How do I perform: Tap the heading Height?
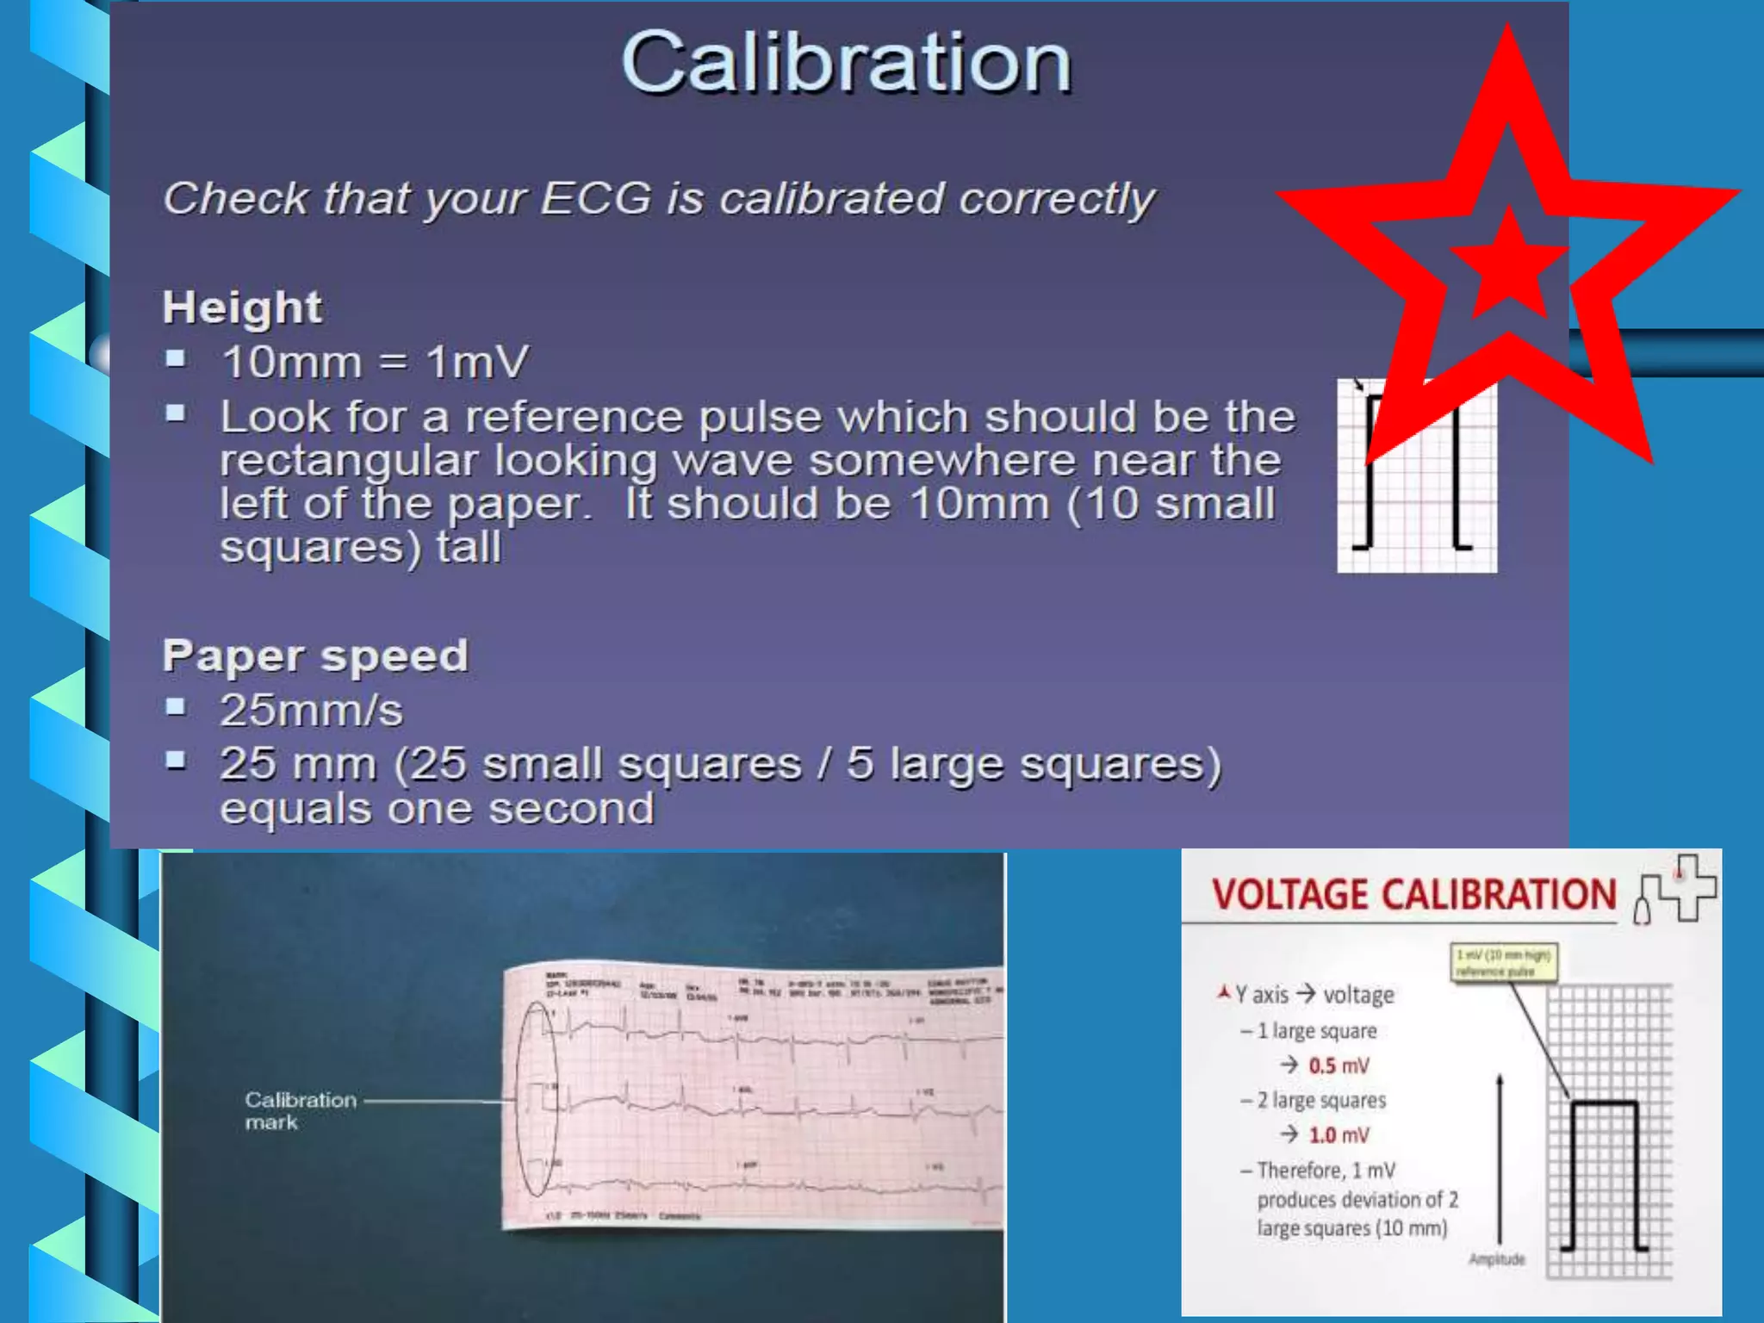coord(242,307)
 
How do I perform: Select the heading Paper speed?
coord(315,656)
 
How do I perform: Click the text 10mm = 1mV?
coord(375,362)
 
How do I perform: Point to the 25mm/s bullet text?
coord(311,711)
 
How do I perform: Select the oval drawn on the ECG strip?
coord(537,1100)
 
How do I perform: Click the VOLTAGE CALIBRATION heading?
coord(1413,895)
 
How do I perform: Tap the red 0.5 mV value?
coord(1339,1066)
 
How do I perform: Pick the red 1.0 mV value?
coord(1339,1135)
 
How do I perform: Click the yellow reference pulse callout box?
coord(1504,962)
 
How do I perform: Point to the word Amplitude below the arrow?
coord(1496,1259)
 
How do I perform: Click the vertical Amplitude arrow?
coord(1500,1163)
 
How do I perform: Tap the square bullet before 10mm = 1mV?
coord(176,358)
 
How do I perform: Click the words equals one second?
coord(437,809)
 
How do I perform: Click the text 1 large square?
coord(1316,1031)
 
